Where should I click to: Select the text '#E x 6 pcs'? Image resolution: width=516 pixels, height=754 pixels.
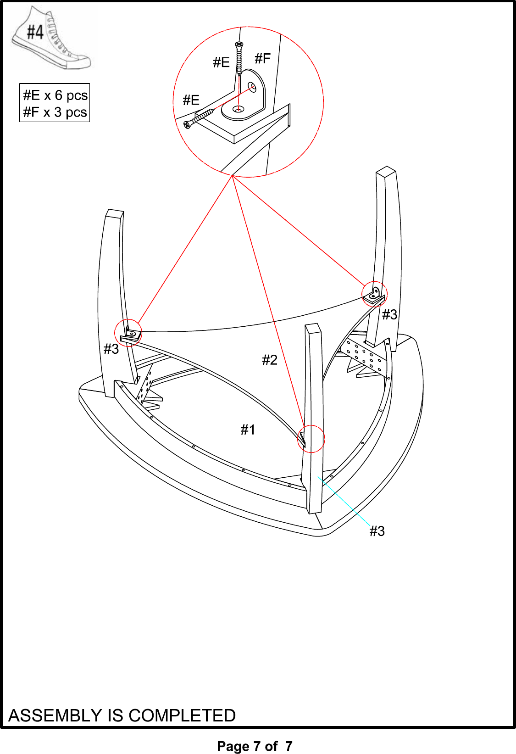pos(55,95)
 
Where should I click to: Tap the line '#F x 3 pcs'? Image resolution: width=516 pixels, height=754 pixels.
pos(55,112)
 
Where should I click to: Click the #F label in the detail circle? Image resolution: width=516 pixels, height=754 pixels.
pos(262,58)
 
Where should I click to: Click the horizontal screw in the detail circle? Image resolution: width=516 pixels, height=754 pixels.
pos(199,118)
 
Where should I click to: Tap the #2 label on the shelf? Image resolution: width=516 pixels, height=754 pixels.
pos(270,360)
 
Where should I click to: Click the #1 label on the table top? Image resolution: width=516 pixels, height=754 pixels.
pos(248,430)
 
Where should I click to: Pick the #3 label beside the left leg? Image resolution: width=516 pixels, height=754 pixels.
pos(111,349)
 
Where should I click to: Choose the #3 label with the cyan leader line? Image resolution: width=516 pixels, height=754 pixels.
pos(377,531)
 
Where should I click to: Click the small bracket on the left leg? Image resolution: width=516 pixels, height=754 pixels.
pos(131,334)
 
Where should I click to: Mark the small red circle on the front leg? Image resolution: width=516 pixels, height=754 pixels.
pos(311,439)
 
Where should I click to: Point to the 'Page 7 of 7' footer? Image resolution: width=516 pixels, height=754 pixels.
pos(255,746)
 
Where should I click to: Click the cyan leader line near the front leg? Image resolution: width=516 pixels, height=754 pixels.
pos(344,501)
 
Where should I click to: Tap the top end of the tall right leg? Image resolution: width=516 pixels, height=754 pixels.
pos(386,171)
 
